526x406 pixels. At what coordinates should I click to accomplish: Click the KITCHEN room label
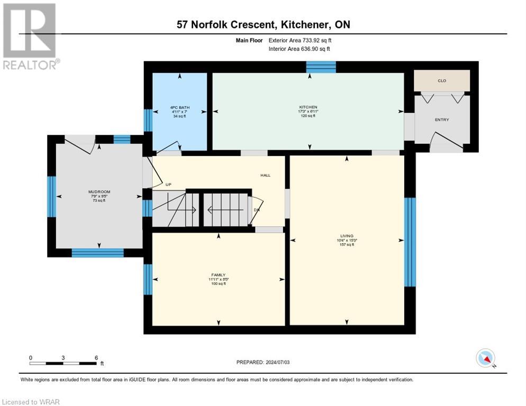pyautogui.click(x=308, y=107)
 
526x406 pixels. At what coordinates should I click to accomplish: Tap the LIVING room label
pyautogui.click(x=347, y=236)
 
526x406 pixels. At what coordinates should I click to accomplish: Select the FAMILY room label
pyautogui.click(x=219, y=275)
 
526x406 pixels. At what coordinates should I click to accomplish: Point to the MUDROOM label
pyautogui.click(x=99, y=192)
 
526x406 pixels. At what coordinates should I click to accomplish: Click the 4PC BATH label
pyautogui.click(x=180, y=107)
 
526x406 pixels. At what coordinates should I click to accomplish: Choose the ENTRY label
pyautogui.click(x=442, y=120)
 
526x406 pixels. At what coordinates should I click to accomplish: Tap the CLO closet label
pyautogui.click(x=442, y=81)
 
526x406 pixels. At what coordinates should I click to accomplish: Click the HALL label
pyautogui.click(x=265, y=176)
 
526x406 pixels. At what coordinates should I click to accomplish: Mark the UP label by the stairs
pyautogui.click(x=169, y=184)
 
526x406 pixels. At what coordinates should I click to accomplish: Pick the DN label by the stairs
pyautogui.click(x=256, y=210)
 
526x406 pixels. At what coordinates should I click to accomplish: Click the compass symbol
pyautogui.click(x=485, y=358)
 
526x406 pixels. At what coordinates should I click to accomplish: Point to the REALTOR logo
pyautogui.click(x=30, y=36)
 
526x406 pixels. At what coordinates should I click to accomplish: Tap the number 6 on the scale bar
pyautogui.click(x=96, y=357)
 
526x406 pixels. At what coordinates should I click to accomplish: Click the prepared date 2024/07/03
pyautogui.click(x=280, y=362)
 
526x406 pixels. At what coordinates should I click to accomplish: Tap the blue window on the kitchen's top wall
pyautogui.click(x=321, y=67)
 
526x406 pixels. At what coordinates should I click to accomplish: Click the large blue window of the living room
pyautogui.click(x=410, y=242)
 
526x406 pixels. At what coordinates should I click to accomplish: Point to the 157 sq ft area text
pyautogui.click(x=347, y=244)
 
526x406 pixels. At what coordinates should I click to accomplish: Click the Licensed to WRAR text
pyautogui.click(x=32, y=402)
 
